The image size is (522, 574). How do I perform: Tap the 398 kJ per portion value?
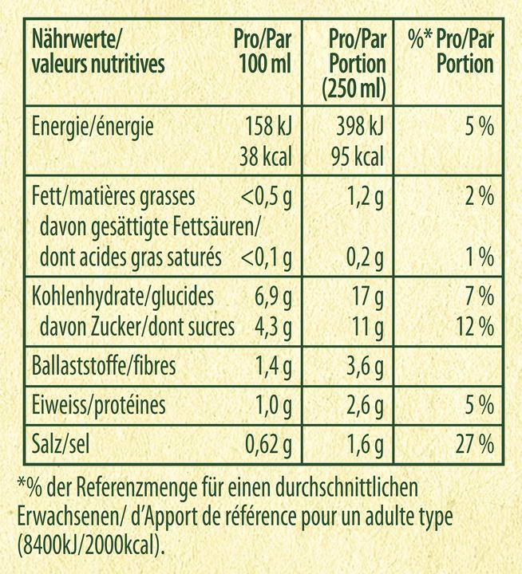358,126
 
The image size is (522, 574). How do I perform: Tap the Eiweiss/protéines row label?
97,406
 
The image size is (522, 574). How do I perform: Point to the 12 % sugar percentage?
473,325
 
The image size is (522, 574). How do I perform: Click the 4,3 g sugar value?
272,325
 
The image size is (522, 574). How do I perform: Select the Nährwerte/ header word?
77,38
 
